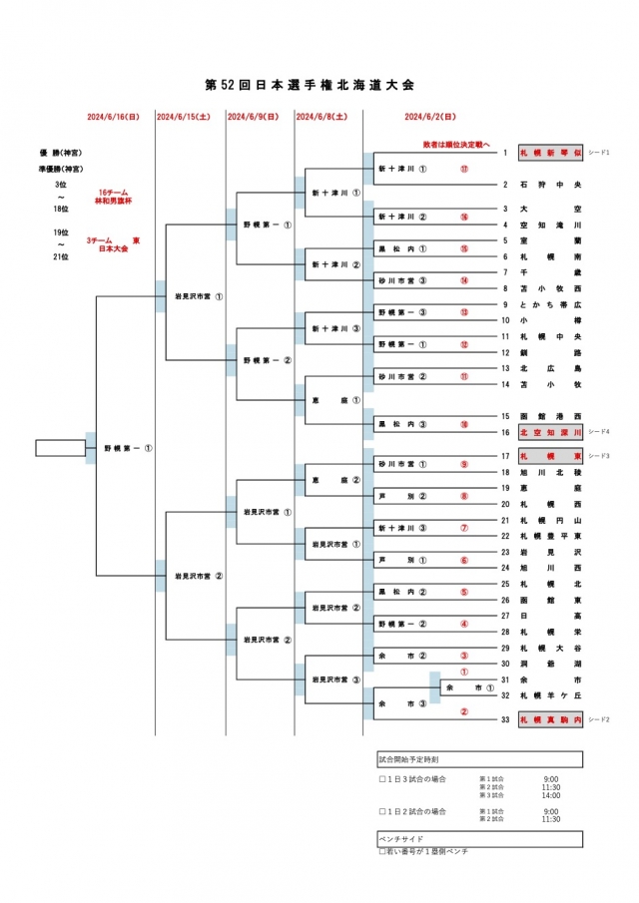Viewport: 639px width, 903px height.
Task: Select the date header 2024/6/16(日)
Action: coord(113,117)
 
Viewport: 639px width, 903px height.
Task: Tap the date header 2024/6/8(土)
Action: coord(321,117)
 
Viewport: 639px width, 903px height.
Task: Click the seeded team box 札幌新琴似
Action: coord(549,154)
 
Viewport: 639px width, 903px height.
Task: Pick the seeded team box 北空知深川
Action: coord(549,432)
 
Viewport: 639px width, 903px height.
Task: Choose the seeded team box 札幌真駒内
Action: coord(549,719)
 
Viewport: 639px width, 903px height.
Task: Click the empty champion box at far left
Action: coord(61,448)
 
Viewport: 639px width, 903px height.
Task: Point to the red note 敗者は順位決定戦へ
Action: coord(455,144)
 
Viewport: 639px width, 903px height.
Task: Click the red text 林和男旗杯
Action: coord(113,201)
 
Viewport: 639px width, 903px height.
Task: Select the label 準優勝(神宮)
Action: coord(61,170)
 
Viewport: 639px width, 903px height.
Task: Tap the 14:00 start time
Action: coord(551,795)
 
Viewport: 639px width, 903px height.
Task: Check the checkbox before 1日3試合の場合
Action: coord(382,779)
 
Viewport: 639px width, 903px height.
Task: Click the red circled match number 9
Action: coord(464,464)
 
